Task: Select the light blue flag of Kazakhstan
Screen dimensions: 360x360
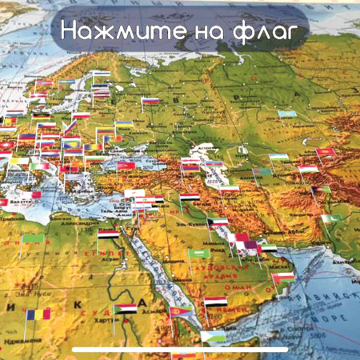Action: point(287,114)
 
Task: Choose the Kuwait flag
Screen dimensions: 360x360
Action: point(218,222)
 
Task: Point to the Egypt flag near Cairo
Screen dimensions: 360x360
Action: point(109,235)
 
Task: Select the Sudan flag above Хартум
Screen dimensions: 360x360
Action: point(125,309)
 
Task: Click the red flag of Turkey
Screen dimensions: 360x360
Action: point(126,166)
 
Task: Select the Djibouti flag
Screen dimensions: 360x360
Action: point(213,337)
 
